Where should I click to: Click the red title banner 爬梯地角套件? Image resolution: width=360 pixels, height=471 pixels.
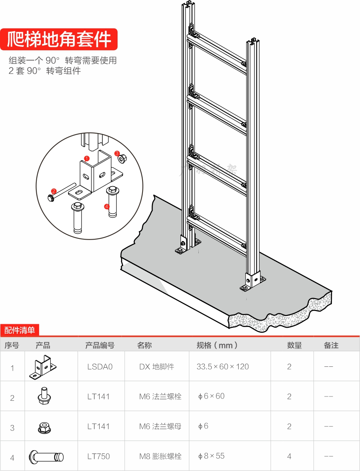[x=59, y=39]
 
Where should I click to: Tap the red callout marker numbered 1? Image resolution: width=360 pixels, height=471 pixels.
[x=87, y=158]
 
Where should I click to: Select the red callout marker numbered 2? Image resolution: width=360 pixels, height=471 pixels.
[x=53, y=191]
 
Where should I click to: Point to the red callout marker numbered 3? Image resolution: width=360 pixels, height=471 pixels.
[x=117, y=153]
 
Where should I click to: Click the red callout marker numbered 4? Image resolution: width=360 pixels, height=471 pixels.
[x=107, y=206]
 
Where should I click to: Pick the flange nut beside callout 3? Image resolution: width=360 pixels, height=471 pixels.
[x=123, y=159]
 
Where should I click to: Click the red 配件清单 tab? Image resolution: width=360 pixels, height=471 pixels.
[x=20, y=330]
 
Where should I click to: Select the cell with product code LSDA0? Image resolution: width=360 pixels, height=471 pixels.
[x=100, y=367]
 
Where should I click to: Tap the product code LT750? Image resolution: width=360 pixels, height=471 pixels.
[x=98, y=456]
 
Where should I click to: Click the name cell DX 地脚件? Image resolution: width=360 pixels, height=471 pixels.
[x=157, y=367]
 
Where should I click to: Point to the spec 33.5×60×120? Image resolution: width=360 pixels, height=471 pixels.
[x=223, y=367]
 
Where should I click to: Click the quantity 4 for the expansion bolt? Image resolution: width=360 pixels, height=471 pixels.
[x=289, y=456]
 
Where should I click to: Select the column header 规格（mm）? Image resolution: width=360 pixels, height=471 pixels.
[x=217, y=345]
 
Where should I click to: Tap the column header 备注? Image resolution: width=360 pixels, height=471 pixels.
[x=331, y=345]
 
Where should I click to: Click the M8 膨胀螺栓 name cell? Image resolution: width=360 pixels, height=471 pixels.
[x=160, y=456]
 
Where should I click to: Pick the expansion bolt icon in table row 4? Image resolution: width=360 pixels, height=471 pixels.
[x=46, y=457]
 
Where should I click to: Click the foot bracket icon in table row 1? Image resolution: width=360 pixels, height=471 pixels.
[x=43, y=367]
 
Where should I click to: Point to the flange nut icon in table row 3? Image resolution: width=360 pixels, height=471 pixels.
[x=44, y=427]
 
